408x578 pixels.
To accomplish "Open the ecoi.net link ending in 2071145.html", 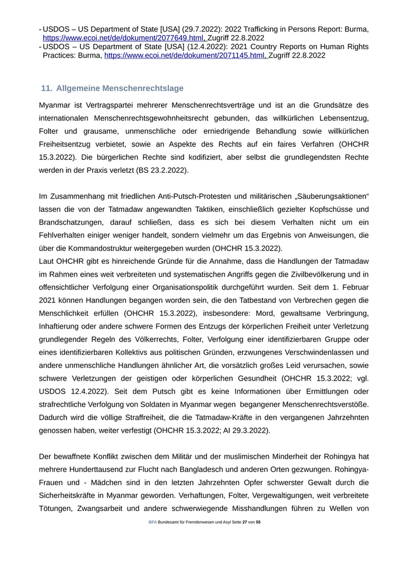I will tap(184, 55).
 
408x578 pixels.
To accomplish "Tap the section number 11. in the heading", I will tap(46, 88).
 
